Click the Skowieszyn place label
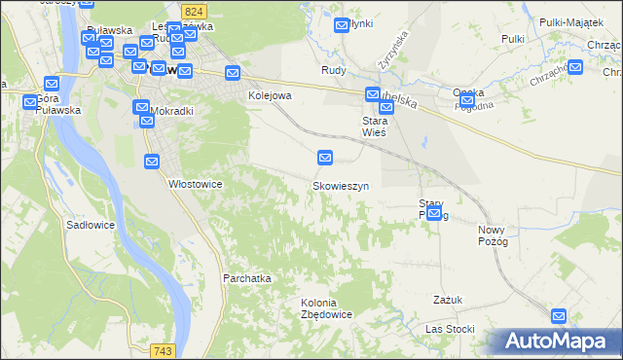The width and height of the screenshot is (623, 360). [x=340, y=185]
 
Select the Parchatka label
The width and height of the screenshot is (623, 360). [x=246, y=278]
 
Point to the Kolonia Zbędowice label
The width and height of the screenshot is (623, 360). [x=326, y=308]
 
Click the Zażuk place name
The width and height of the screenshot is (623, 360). [x=448, y=300]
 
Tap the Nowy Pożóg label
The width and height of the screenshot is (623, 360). [x=494, y=235]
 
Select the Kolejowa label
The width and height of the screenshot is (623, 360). [x=270, y=95]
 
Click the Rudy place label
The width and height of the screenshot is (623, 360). [x=334, y=70]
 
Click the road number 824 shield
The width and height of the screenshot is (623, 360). [x=192, y=9]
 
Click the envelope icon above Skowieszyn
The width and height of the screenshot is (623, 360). [x=326, y=157]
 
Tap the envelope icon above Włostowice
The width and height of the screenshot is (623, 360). [x=153, y=162]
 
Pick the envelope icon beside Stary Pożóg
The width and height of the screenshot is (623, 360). [x=435, y=214]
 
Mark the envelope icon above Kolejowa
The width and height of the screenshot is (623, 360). [x=233, y=73]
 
